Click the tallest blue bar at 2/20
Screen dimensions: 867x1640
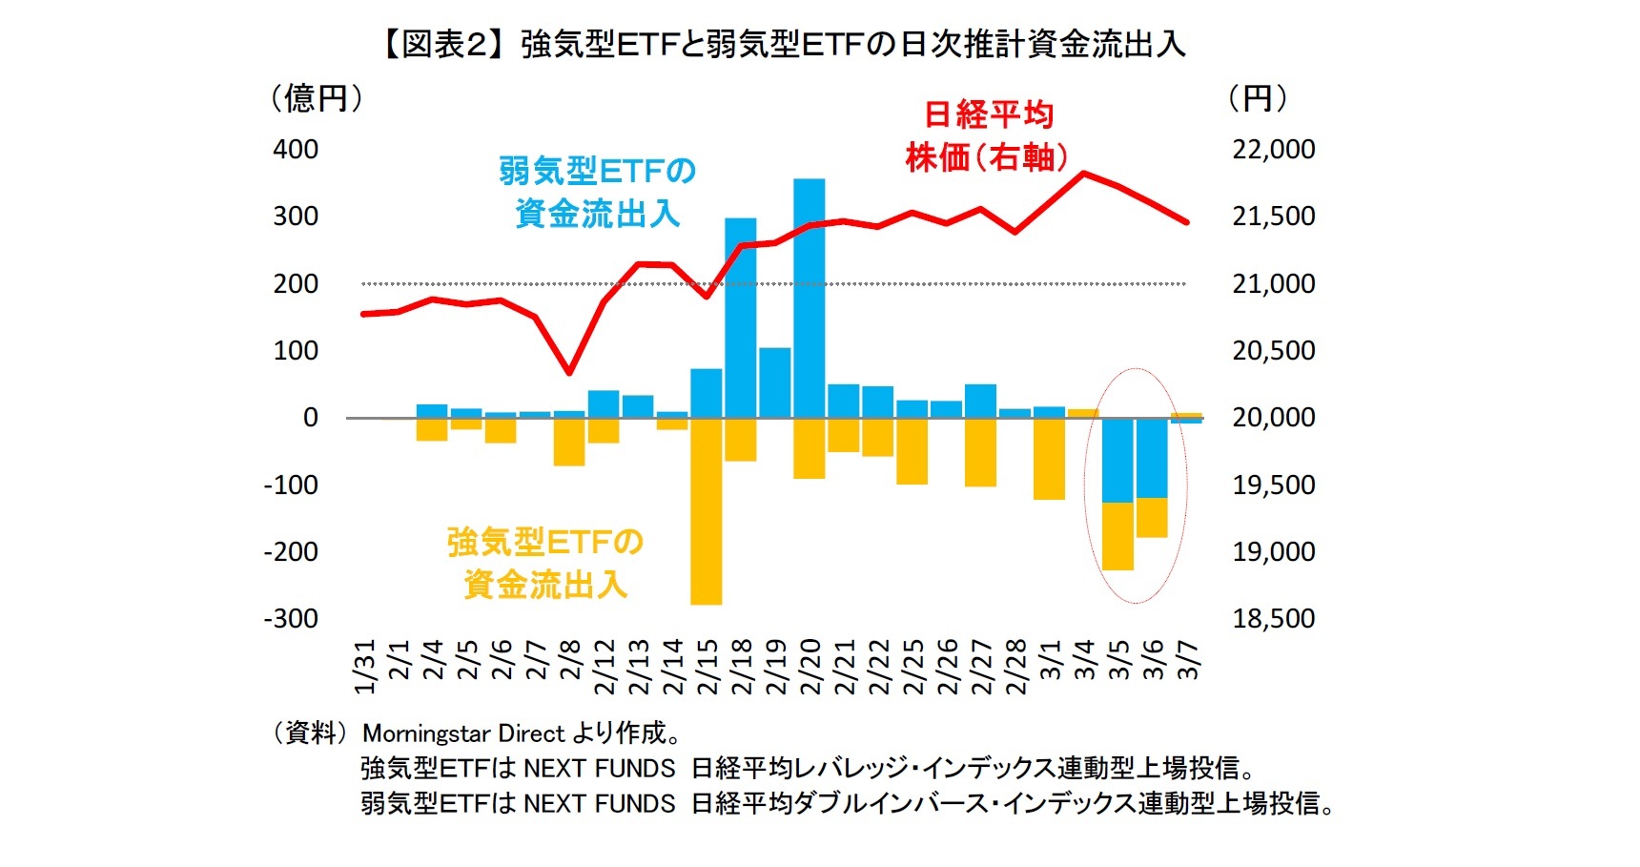(809, 298)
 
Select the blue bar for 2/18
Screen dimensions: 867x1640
(741, 318)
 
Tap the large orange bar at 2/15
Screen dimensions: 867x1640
(707, 510)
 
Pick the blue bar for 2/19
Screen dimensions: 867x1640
(775, 382)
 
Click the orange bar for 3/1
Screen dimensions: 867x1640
(1049, 458)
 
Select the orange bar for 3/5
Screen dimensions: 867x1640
(1117, 536)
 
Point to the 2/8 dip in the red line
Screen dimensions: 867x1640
(569, 371)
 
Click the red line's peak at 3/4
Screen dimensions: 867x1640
(1084, 174)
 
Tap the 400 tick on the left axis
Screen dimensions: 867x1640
(296, 150)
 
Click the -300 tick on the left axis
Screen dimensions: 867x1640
(292, 619)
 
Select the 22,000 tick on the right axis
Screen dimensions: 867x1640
(1273, 150)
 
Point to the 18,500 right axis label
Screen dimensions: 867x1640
(1273, 619)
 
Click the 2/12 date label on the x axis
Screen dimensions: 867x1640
(605, 667)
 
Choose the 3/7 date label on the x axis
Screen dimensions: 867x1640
(1188, 659)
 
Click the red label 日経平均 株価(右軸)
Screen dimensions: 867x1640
(987, 136)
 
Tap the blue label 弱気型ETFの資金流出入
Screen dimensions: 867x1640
(597, 192)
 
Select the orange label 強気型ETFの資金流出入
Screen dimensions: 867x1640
(545, 563)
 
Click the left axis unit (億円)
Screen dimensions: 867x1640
(317, 98)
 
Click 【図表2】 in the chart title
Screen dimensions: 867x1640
(444, 45)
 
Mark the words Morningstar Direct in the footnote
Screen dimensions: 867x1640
(464, 733)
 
